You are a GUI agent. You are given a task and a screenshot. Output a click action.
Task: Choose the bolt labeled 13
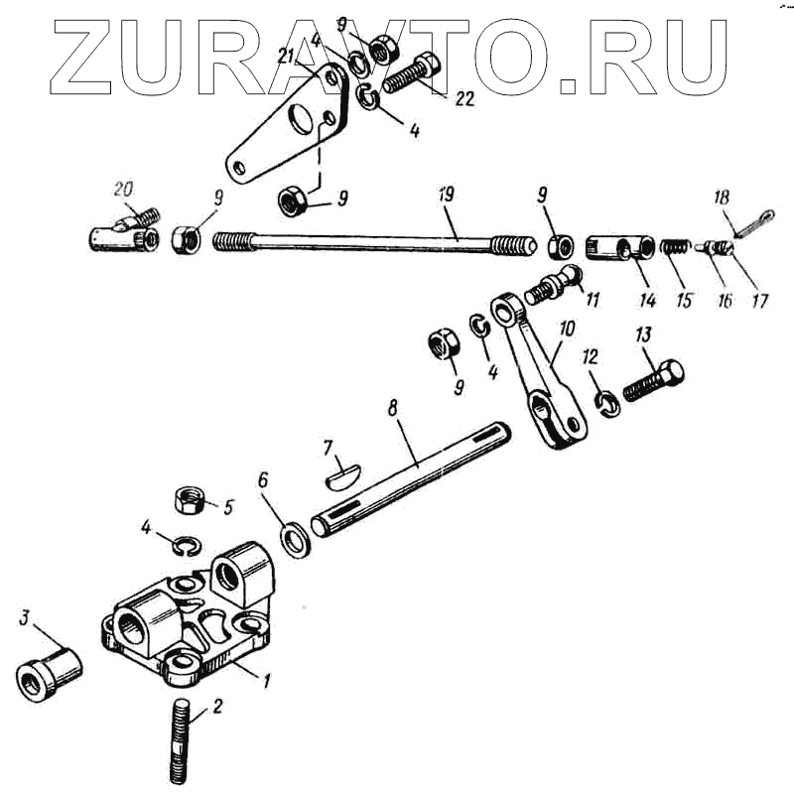pyautogui.click(x=655, y=378)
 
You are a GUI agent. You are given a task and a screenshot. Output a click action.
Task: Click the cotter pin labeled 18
pyautogui.click(x=744, y=231)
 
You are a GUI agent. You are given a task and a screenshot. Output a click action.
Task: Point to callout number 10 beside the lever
pyautogui.click(x=566, y=329)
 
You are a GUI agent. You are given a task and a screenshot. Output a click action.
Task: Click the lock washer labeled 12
pyautogui.click(x=607, y=402)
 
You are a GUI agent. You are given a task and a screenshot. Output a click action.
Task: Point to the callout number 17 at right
pyautogui.click(x=759, y=300)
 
